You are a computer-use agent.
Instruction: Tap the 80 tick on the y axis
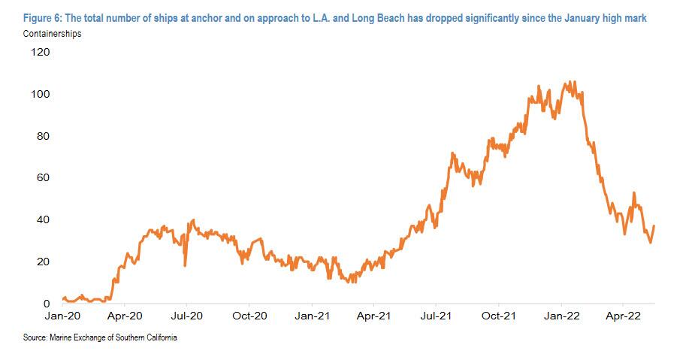42,136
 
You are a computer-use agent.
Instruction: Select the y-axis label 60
42,178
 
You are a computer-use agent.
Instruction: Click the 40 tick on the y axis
42,219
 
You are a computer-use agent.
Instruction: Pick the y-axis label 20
42,262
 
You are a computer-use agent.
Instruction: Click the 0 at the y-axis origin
46,304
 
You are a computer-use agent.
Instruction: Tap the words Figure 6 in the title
44,18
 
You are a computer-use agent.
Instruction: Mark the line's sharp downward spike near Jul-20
185,264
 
